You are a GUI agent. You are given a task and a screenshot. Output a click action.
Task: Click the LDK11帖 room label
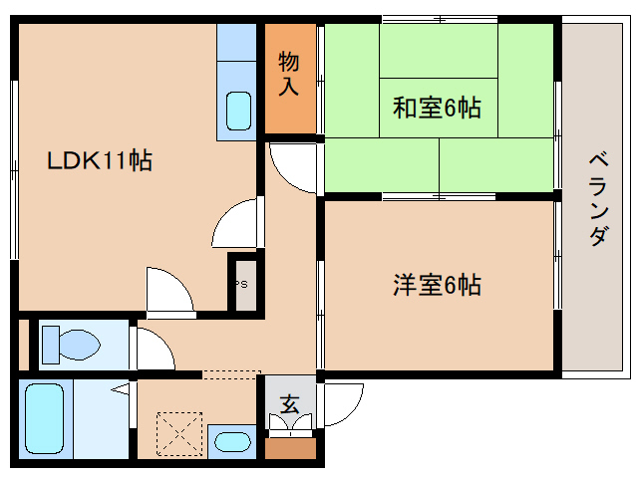tap(100, 160)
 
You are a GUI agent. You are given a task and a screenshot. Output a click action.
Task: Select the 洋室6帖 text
tap(436, 286)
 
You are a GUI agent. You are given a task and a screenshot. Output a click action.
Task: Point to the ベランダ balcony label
tap(597, 199)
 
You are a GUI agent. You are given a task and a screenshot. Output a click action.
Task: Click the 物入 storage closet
tap(288, 75)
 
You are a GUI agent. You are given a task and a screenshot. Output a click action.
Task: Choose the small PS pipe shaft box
tap(243, 284)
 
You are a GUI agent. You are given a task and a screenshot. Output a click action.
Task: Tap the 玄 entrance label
tap(289, 404)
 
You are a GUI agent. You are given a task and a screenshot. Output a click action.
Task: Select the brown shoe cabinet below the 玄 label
tap(290, 448)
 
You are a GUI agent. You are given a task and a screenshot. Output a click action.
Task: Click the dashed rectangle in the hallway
tap(230, 374)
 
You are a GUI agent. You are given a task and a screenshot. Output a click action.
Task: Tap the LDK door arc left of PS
tap(236, 224)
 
